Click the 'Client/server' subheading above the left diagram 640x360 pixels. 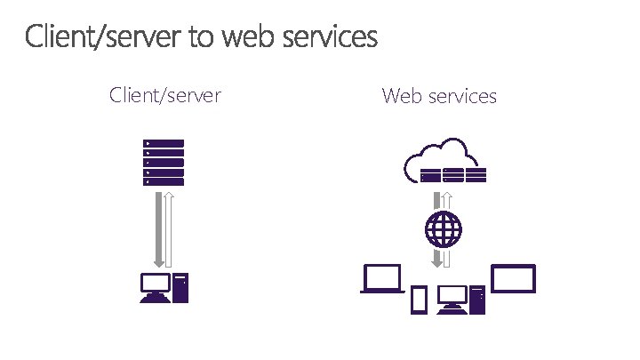164,94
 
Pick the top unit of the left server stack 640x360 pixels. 164,143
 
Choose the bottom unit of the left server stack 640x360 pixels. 164,182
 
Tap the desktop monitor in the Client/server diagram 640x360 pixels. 154,287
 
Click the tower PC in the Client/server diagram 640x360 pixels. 180,287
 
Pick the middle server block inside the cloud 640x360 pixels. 444,174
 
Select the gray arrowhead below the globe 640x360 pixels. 438,262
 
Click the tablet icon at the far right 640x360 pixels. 513,278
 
